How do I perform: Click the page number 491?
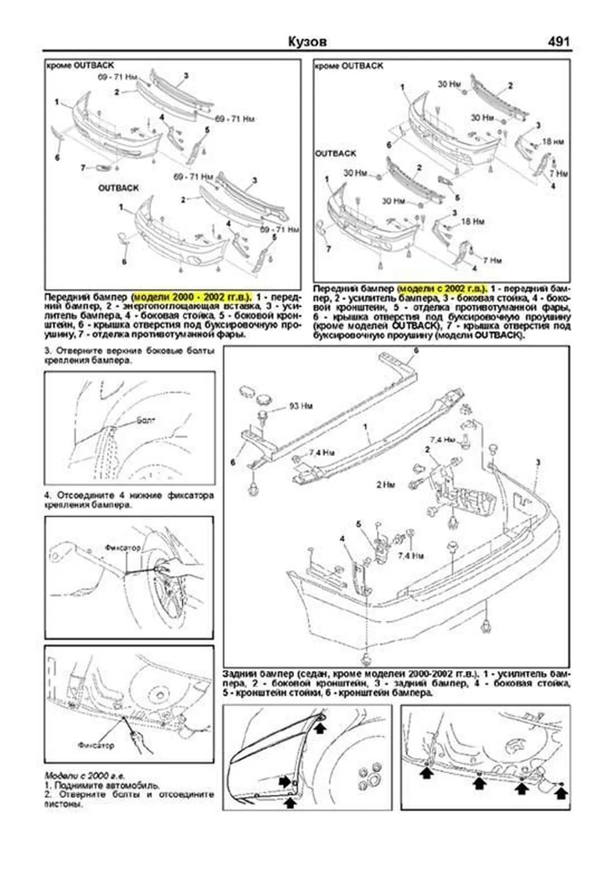tap(558, 41)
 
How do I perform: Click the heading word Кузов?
tap(307, 41)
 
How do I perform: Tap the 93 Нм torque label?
tap(300, 406)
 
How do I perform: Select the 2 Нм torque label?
tap(385, 484)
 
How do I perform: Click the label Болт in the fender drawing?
tap(145, 420)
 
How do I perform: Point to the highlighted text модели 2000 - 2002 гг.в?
tap(192, 297)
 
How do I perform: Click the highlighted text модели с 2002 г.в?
tap(443, 288)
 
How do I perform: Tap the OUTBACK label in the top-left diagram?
tap(118, 188)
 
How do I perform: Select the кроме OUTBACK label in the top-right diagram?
tap(348, 66)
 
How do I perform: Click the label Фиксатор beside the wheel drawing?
tap(122, 547)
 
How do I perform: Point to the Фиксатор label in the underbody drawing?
tap(96, 746)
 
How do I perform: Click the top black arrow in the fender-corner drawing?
tap(320, 728)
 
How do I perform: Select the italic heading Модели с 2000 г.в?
tap(84, 775)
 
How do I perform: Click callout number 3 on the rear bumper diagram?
tap(538, 462)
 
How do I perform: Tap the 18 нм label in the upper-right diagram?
tap(553, 142)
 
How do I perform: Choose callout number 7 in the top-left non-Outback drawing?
tap(83, 167)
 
